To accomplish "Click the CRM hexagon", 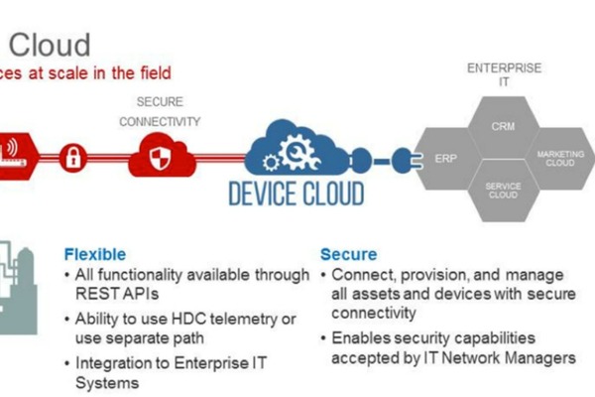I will tap(502, 128).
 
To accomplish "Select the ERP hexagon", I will tap(444, 159).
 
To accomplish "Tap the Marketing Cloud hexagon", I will tap(557, 159).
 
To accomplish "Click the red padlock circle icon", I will tap(73, 156).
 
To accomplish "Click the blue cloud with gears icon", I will tap(298, 148).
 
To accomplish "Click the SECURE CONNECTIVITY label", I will tap(160, 111).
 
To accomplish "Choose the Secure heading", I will tap(348, 253).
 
